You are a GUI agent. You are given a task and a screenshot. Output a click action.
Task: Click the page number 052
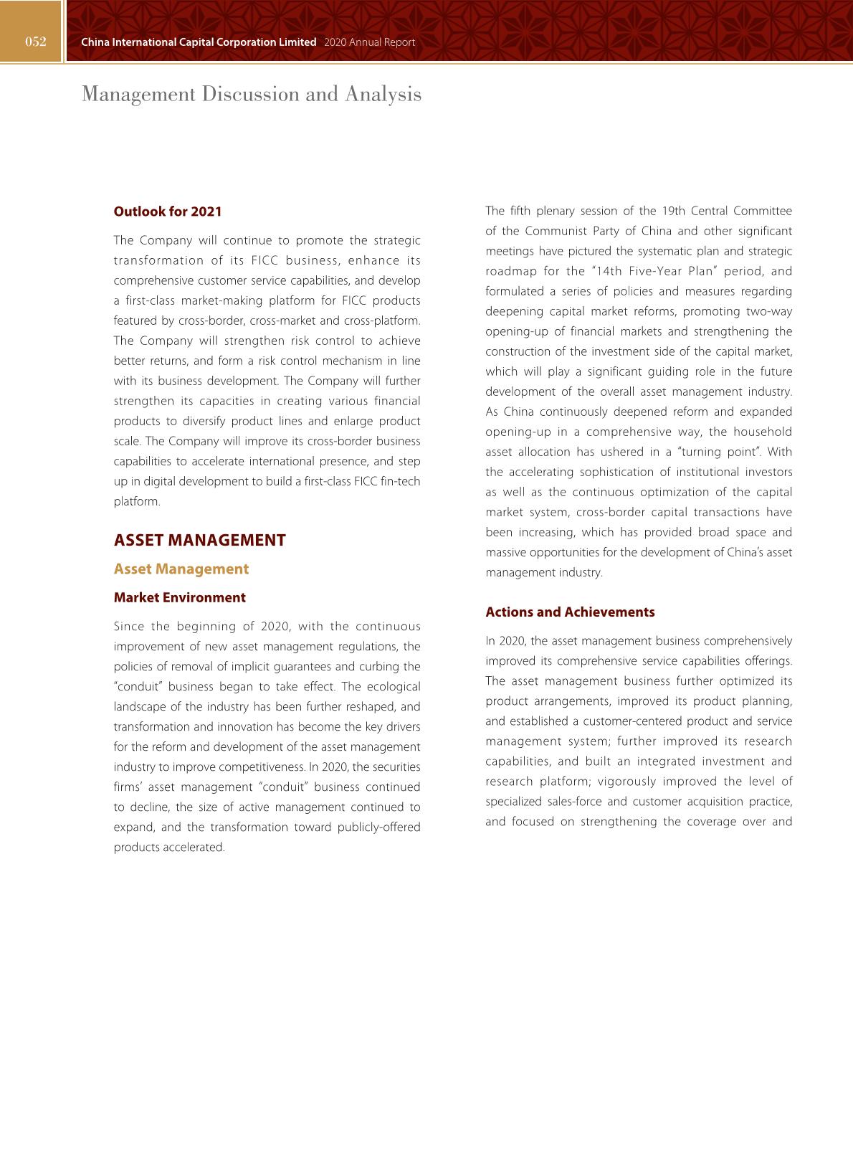point(35,42)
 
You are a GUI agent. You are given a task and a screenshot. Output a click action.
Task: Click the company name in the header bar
point(199,42)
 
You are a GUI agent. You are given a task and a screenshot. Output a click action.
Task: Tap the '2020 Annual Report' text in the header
point(369,42)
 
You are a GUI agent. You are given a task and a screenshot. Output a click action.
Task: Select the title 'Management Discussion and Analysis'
point(252,94)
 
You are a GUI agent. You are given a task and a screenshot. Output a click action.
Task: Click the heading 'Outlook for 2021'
point(168,212)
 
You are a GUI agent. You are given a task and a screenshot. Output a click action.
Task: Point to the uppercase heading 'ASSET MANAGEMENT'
point(200,540)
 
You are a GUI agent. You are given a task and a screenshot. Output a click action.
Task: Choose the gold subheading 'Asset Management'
point(181,569)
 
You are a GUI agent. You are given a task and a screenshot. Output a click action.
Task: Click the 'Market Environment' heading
point(179,597)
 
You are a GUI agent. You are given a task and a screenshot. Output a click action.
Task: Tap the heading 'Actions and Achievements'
point(570,612)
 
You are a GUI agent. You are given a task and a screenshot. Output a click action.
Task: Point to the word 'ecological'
point(394,686)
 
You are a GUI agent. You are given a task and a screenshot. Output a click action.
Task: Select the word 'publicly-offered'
point(378,827)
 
